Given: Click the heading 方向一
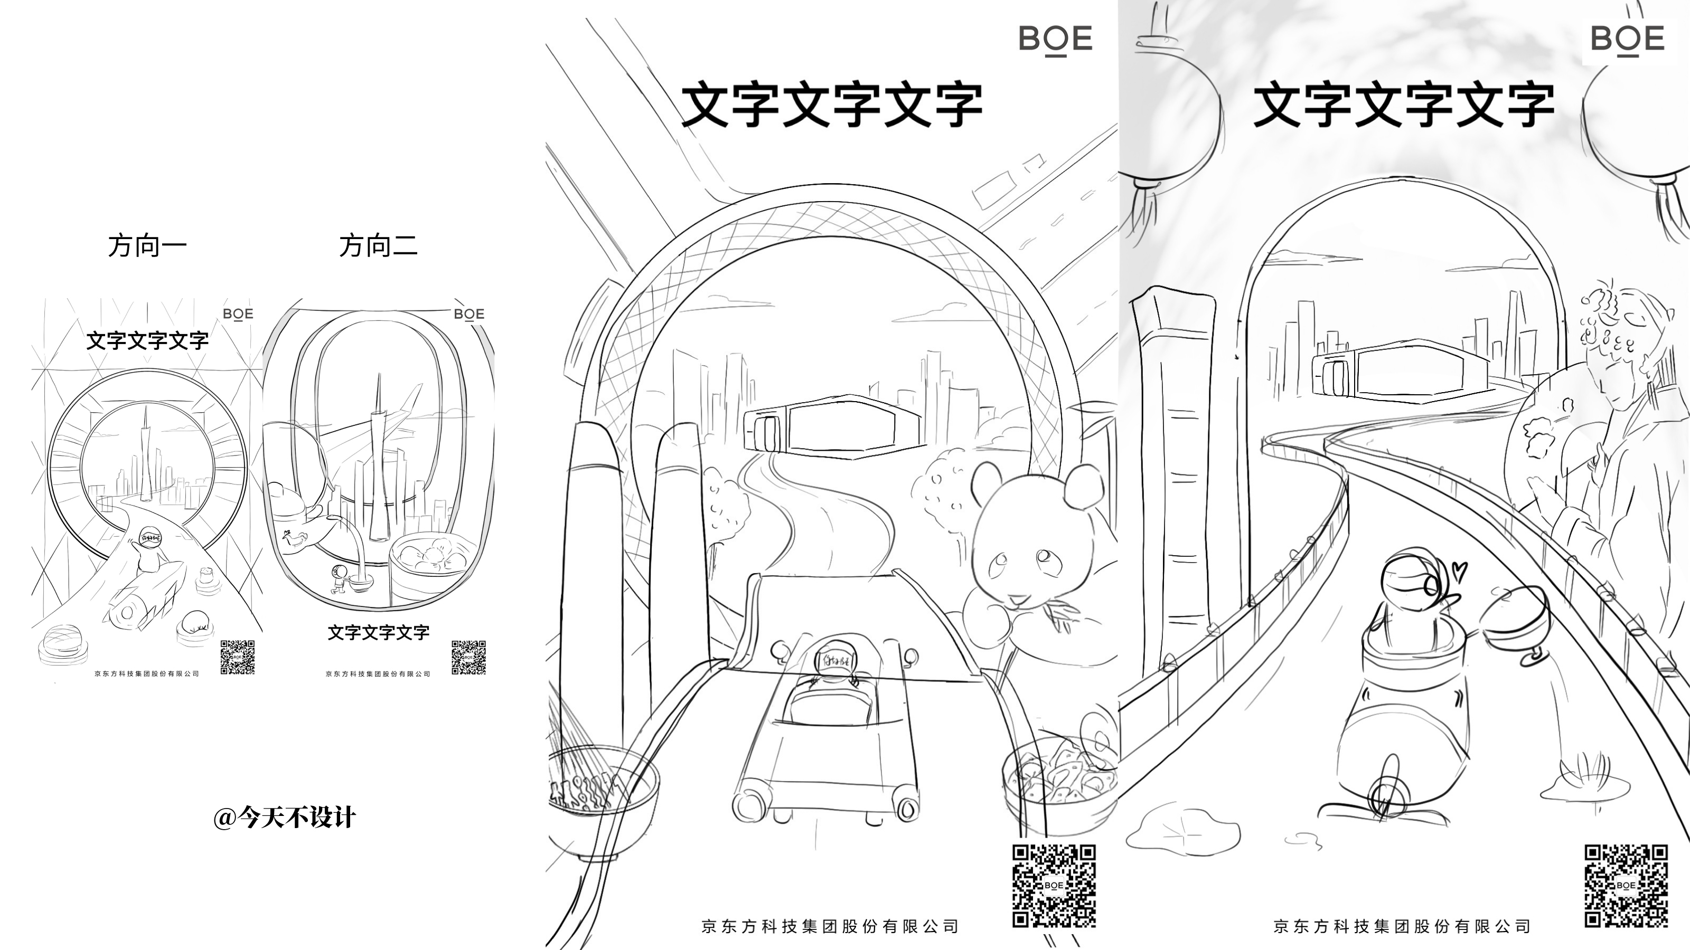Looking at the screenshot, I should point(148,246).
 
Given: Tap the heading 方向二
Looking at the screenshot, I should point(379,246).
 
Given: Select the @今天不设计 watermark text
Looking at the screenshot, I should point(285,818).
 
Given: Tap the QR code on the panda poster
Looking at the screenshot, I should point(1054,886).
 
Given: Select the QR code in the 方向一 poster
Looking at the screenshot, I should point(238,657).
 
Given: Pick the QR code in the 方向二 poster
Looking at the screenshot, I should point(468,657).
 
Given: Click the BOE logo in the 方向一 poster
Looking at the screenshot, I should point(238,314).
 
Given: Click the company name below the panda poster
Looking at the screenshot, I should point(831,926).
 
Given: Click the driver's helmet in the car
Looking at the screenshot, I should point(831,658).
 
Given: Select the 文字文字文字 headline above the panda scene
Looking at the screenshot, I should point(832,105).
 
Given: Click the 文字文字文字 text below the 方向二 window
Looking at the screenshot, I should point(379,633).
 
